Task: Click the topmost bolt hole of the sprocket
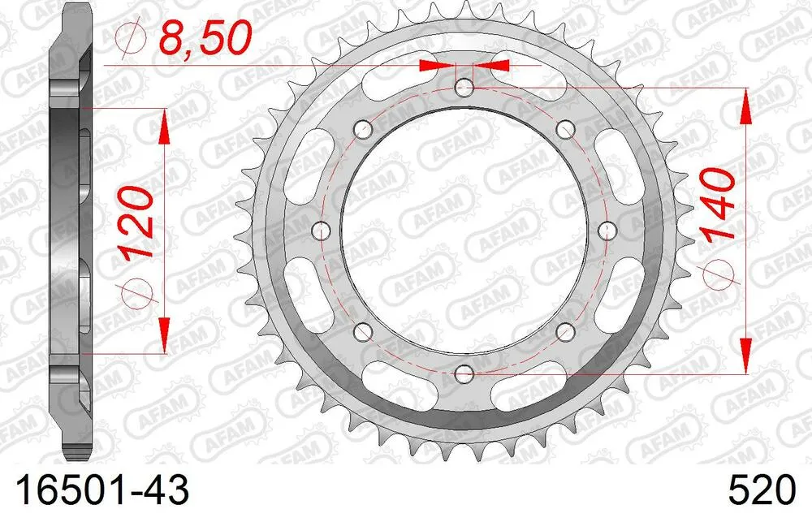[464, 87]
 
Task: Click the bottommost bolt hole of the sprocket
[464, 373]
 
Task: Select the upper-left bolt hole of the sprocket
[363, 129]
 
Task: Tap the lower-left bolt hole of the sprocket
[363, 330]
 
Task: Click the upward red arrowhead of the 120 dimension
[165, 121]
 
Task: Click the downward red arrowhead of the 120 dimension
[165, 340]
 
